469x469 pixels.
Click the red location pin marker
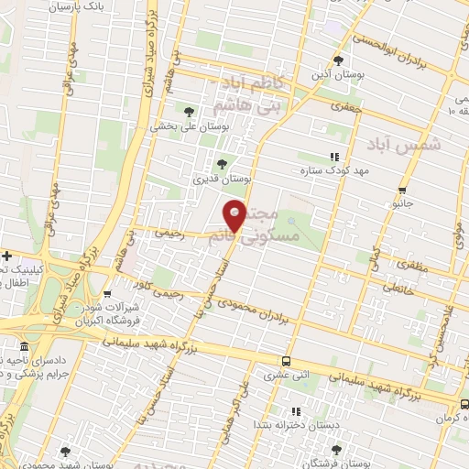tap(235, 214)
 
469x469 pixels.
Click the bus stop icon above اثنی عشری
tap(286, 361)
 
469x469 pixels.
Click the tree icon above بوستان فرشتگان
tap(336, 450)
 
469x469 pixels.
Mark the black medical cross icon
tap(7, 256)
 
